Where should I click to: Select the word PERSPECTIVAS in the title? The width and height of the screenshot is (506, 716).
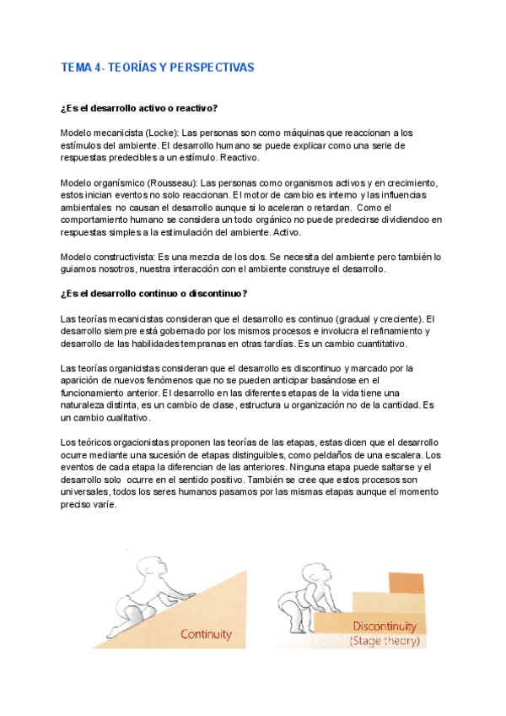(210, 67)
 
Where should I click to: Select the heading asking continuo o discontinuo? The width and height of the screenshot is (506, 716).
(154, 293)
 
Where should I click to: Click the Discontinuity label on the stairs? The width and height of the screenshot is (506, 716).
(385, 626)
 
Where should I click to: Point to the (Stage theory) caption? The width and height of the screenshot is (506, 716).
(385, 642)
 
